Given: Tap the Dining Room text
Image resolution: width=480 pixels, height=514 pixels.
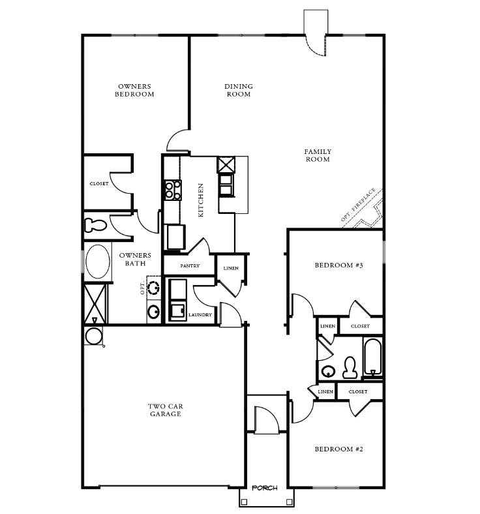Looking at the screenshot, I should (x=239, y=90).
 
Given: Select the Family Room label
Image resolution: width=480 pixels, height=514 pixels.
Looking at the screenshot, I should (x=317, y=155).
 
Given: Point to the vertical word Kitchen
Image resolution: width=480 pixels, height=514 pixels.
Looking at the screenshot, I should (x=202, y=200).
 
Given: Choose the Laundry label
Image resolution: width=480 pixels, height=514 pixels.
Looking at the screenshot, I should (x=200, y=314).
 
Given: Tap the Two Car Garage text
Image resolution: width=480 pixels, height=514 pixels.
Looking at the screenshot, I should (x=165, y=410).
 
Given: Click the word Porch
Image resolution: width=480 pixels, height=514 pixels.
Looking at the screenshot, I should (x=265, y=488).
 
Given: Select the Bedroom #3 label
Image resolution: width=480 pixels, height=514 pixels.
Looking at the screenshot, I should (x=338, y=265).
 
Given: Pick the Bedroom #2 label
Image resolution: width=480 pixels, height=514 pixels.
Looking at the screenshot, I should (x=338, y=449).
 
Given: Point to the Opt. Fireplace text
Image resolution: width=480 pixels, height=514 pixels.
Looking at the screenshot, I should (x=358, y=206).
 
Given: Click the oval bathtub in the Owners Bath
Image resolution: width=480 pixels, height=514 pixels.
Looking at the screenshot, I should (x=97, y=262).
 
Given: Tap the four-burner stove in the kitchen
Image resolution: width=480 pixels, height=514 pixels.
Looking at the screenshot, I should (x=172, y=190).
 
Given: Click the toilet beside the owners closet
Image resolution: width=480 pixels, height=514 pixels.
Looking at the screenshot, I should (x=96, y=225).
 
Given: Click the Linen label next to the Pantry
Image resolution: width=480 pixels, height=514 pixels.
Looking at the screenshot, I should (x=231, y=268).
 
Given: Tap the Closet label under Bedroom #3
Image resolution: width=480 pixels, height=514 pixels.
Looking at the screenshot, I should (x=360, y=326).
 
